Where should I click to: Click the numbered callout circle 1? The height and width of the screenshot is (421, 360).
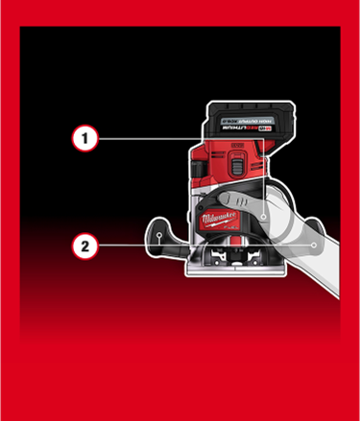pos(85,139)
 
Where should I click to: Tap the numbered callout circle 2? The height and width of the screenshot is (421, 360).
pos(85,246)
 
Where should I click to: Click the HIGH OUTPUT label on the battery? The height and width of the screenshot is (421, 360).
pos(245,121)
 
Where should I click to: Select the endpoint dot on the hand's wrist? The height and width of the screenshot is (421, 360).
pos(314,246)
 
